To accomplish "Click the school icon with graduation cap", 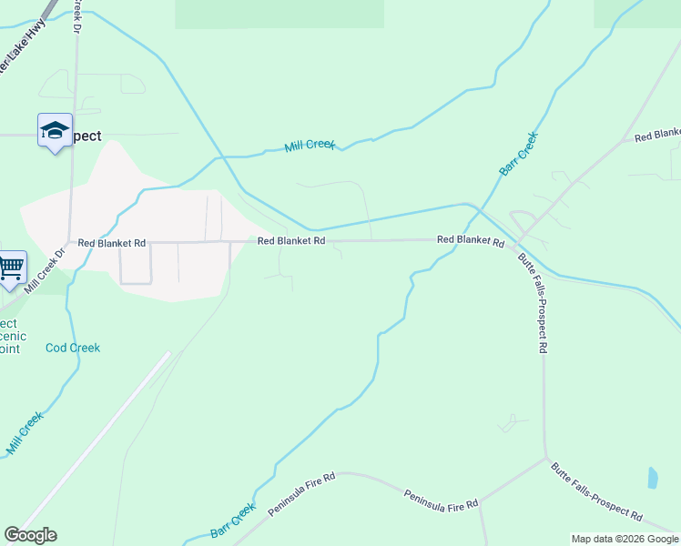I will pyautogui.click(x=55, y=131).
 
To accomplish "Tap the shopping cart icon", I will pyautogui.click(x=11, y=268).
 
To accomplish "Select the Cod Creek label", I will pyautogui.click(x=73, y=348).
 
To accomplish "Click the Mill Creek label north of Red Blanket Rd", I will pyautogui.click(x=310, y=145).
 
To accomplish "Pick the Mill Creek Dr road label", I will pyautogui.click(x=46, y=270).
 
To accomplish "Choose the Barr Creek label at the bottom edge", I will pyautogui.click(x=233, y=521).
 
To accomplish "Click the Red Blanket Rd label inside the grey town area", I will pyautogui.click(x=112, y=243).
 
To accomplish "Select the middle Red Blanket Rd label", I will pyautogui.click(x=290, y=241).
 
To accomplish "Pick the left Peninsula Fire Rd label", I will pyautogui.click(x=302, y=495).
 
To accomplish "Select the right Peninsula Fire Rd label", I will pyautogui.click(x=442, y=499).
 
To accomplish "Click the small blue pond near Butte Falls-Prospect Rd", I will pyautogui.click(x=652, y=477).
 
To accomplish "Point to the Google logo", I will pyautogui.click(x=30, y=535).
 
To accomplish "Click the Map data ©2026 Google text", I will pyautogui.click(x=625, y=539).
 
